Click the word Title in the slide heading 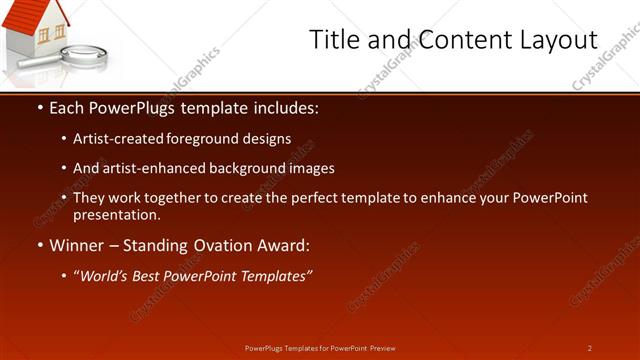coord(334,40)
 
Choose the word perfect coord(318,198)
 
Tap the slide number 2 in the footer coord(589,348)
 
